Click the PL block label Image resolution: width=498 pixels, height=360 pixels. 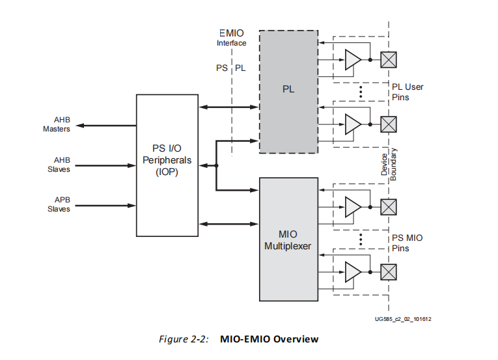(x=288, y=89)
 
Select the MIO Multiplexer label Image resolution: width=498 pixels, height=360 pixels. (x=288, y=240)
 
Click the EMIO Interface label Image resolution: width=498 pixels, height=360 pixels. (x=231, y=37)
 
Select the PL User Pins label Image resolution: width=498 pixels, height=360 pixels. (x=408, y=92)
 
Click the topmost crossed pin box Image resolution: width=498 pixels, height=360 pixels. (x=389, y=60)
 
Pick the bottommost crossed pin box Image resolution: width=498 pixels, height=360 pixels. (x=389, y=271)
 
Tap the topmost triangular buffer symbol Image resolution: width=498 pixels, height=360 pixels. (x=352, y=60)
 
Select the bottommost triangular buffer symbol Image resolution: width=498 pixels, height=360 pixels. (x=352, y=271)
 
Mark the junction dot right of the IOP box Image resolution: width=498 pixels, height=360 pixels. (x=216, y=165)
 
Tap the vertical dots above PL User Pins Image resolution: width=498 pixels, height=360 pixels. (x=360, y=91)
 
